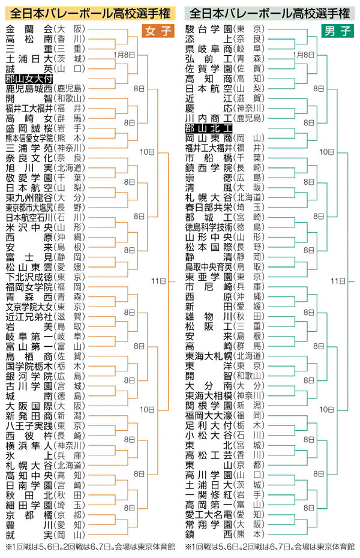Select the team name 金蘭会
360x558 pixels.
click(x=28, y=29)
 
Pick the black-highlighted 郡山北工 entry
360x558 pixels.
click(x=208, y=128)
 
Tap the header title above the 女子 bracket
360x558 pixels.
click(x=89, y=11)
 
